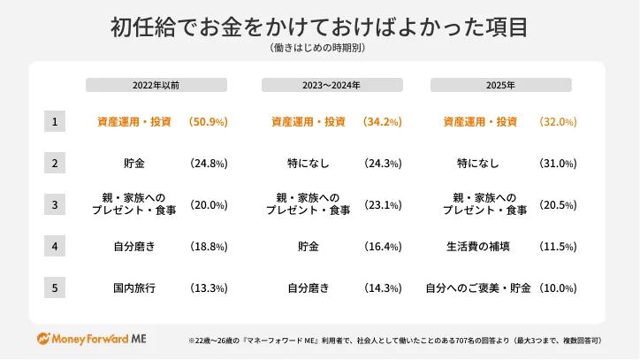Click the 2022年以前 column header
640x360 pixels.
pyautogui.click(x=156, y=85)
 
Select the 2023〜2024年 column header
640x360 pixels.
pyautogui.click(x=332, y=85)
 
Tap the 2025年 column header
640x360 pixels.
pyautogui.click(x=500, y=85)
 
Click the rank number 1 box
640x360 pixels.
pyautogui.click(x=55, y=121)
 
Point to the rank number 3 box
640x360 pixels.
pyautogui.click(x=55, y=204)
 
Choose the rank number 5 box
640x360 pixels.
pyautogui.click(x=55, y=287)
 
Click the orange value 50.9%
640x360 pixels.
pyautogui.click(x=209, y=121)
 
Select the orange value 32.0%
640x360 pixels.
pyautogui.click(x=557, y=121)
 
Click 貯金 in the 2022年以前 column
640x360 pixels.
pyautogui.click(x=134, y=164)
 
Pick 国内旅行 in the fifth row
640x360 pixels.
pyautogui.click(x=134, y=287)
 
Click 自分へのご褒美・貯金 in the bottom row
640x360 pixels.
pyautogui.click(x=477, y=287)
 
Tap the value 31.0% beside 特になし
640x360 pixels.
pyautogui.click(x=557, y=164)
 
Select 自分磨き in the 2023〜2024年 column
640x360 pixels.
pyautogui.click(x=309, y=287)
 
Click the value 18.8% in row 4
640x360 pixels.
pyautogui.click(x=209, y=246)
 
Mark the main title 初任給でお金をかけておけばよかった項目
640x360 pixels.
pyautogui.click(x=319, y=27)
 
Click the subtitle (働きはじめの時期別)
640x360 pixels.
pyautogui.click(x=319, y=49)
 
